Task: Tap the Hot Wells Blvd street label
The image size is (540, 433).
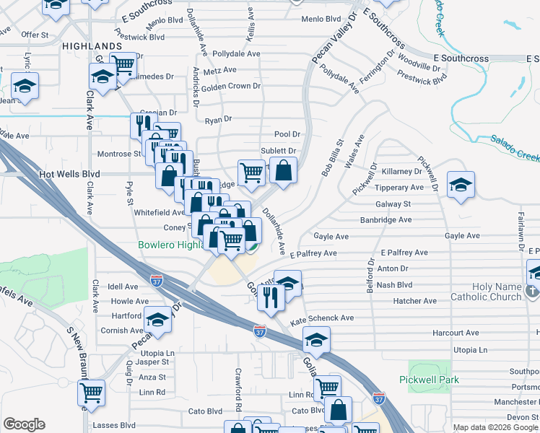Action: pos(69,174)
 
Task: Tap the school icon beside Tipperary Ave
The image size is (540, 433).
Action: pos(461,185)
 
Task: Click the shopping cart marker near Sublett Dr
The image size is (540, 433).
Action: pos(251,172)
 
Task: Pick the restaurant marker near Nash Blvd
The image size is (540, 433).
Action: pos(271,297)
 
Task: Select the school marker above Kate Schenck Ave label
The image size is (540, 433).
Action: pos(288,283)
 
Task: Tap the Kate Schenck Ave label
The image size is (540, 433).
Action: pos(321,318)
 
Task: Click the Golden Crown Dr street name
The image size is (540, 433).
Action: pos(230,86)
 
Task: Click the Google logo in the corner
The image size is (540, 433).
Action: pos(24,424)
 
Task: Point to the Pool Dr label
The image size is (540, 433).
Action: pos(287,134)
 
